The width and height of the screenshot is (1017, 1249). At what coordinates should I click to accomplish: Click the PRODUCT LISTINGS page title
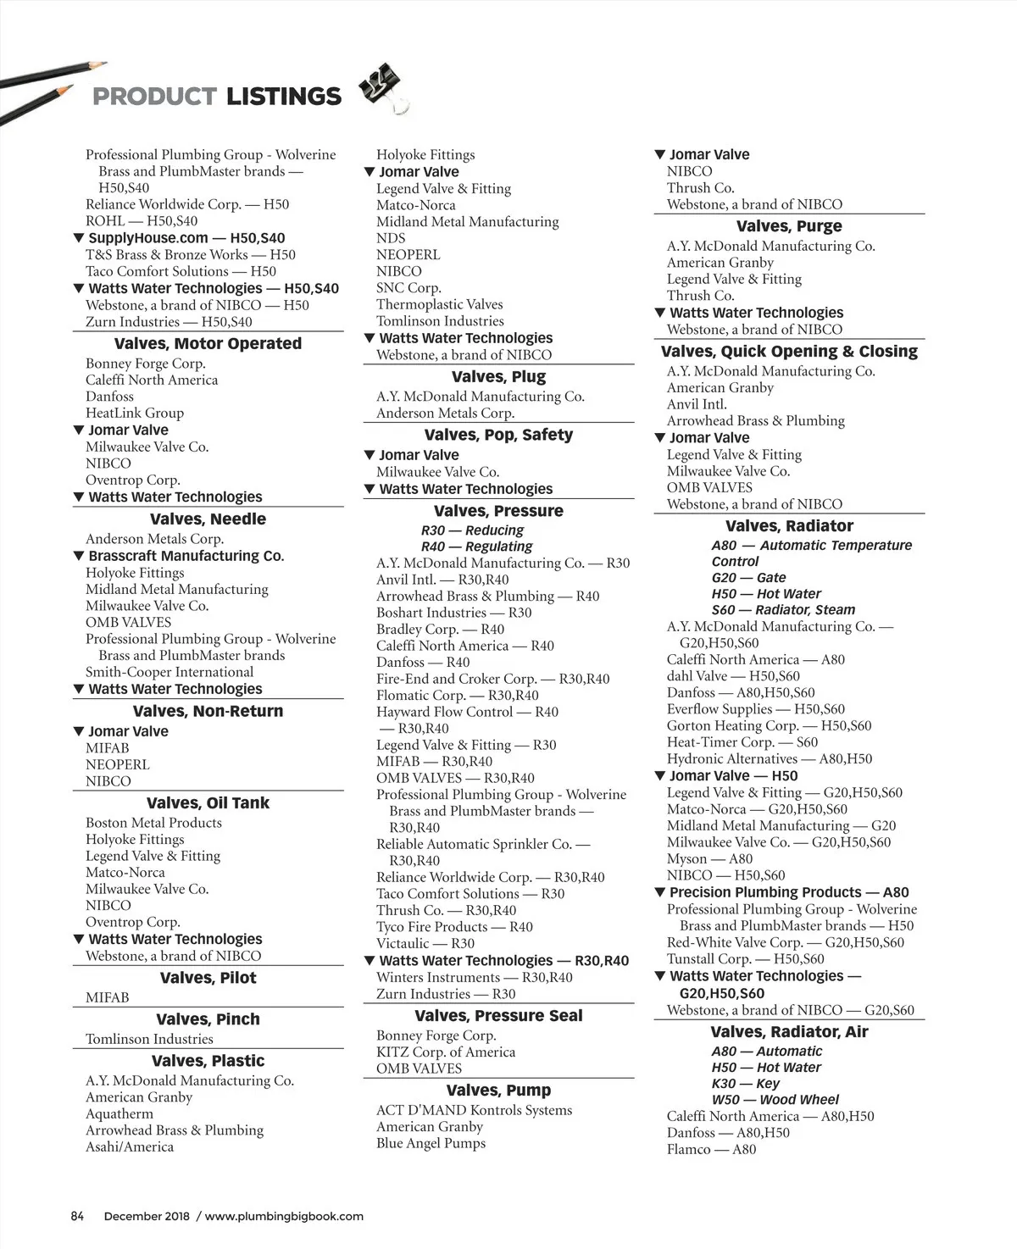216,97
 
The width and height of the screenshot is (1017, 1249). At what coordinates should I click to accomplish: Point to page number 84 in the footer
77,1216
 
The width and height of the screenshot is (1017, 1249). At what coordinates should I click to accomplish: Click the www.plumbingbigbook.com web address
284,1216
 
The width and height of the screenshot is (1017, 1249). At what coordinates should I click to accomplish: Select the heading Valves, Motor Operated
208,344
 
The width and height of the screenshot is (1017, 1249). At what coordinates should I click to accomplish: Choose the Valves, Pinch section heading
208,1019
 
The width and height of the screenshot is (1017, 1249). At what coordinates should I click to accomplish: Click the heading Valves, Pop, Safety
498,436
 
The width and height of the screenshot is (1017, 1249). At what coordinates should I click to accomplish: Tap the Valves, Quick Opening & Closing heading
789,352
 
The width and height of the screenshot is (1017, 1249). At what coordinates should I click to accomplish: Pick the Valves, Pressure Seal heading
498,1016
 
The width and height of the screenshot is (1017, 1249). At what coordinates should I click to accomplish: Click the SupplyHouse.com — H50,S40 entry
186,238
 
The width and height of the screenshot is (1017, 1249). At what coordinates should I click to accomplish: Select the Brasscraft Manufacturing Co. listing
186,556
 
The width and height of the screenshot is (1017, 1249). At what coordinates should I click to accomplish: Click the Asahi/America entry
130,1147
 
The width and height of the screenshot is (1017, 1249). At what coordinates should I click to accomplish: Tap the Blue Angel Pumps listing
431,1144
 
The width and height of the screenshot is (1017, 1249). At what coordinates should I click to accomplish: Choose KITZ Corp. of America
445,1052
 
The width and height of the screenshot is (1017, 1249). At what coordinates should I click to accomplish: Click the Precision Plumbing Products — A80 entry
788,892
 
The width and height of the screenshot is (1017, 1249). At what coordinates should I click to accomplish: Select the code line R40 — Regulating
476,547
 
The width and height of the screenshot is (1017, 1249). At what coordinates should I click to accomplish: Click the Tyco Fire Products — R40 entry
454,927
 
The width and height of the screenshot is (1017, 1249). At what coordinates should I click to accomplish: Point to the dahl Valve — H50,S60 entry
733,676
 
